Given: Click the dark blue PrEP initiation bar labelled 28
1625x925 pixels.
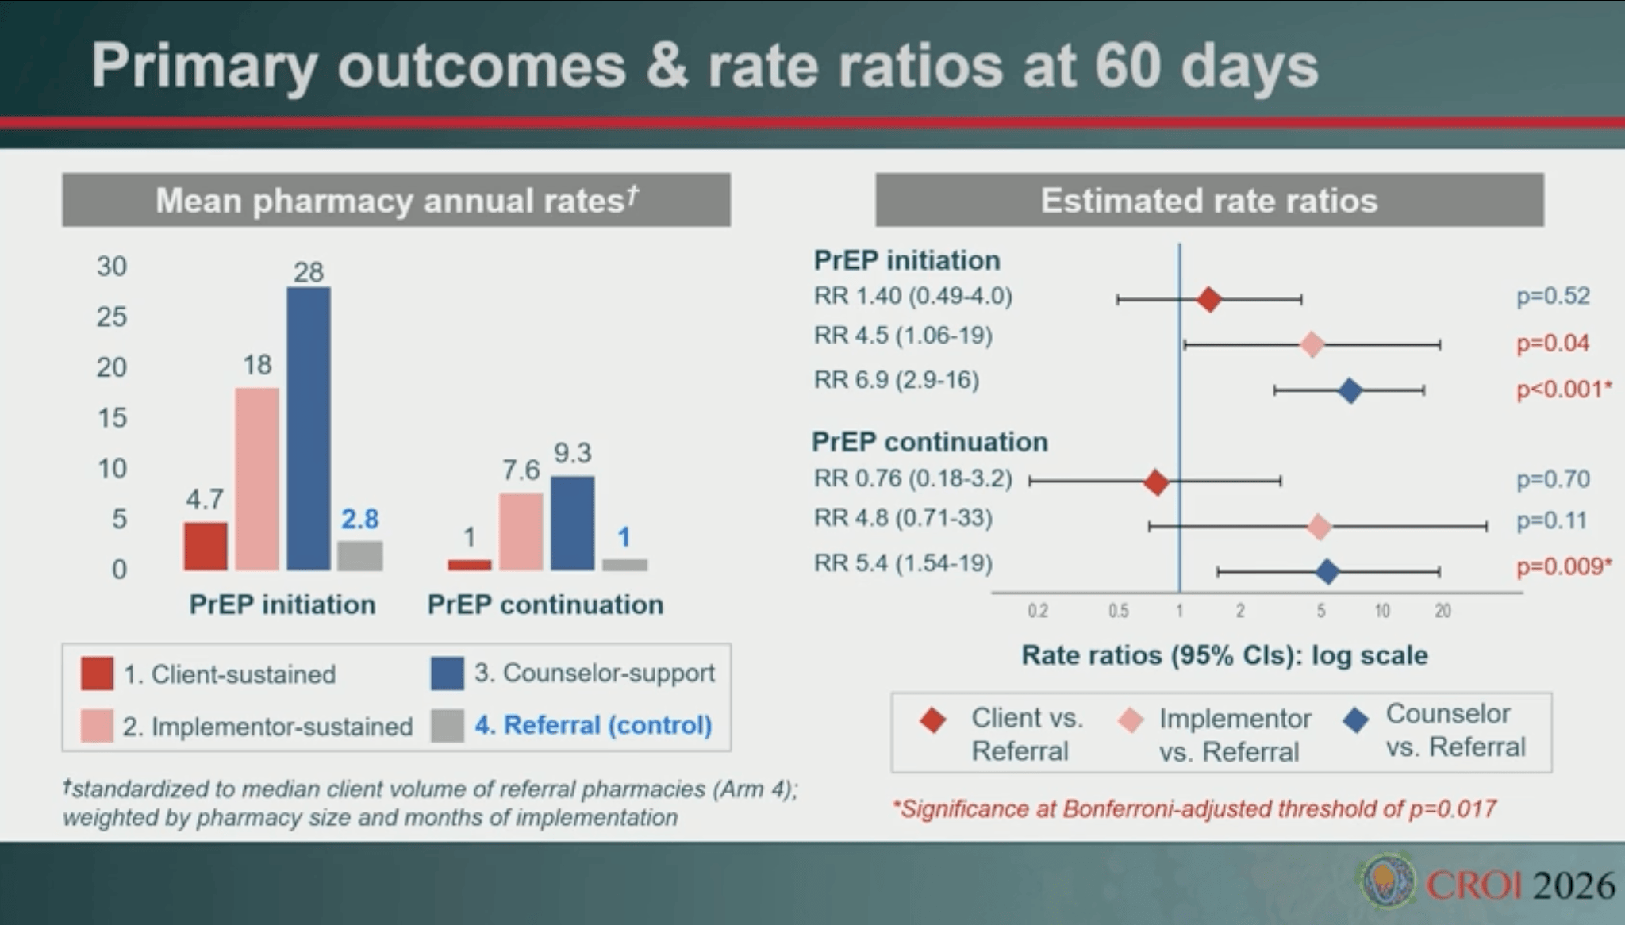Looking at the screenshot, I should tap(309, 428).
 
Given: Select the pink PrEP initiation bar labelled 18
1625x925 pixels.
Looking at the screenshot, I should tap(257, 478).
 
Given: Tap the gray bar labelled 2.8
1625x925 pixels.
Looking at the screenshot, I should tap(359, 555).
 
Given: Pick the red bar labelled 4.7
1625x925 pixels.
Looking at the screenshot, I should tap(206, 546).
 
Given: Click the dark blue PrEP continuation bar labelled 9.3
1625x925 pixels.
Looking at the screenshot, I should tap(572, 523).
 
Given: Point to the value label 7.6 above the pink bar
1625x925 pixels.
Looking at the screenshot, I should tap(521, 470).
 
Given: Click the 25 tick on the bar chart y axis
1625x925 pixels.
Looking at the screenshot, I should tap(112, 317).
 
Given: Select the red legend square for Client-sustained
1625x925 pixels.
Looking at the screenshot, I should tap(97, 674).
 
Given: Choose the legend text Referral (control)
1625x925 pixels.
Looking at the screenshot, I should tap(593, 725).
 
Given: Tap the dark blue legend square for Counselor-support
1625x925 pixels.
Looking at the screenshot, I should tap(448, 674).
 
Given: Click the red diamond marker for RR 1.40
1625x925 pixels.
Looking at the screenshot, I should tap(1208, 300).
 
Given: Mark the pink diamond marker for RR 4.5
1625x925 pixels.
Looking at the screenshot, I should tap(1312, 345).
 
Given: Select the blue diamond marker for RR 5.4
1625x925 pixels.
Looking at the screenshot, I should tap(1327, 571).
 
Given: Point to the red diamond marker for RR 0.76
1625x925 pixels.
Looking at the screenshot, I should tap(1156, 482).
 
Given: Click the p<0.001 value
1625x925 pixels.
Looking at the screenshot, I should tap(1563, 390).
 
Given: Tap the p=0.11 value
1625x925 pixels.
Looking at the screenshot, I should tap(1551, 521).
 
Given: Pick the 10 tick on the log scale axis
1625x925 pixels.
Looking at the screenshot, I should tap(1382, 611).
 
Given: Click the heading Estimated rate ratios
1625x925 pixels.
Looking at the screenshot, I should tap(1208, 201).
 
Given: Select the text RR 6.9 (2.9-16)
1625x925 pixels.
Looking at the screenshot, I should tap(897, 380).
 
